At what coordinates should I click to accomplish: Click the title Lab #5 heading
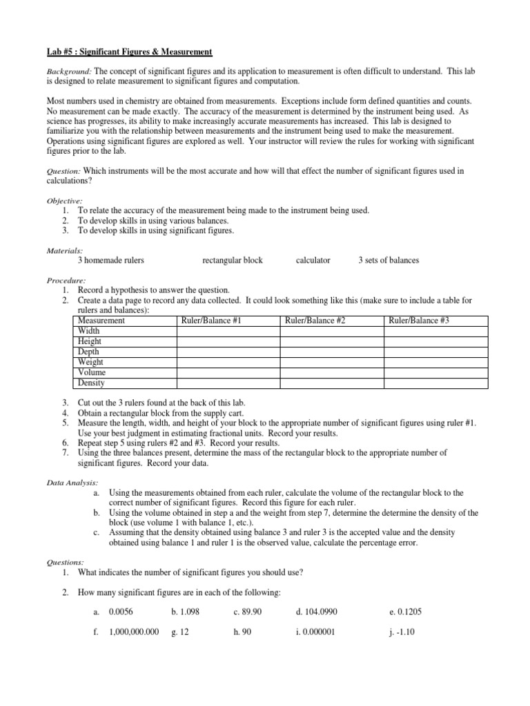(129, 52)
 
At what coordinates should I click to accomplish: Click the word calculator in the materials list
(313, 261)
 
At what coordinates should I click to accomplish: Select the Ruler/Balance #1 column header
(210, 321)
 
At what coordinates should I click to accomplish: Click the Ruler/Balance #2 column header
(315, 321)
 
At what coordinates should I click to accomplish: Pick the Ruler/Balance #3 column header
(419, 321)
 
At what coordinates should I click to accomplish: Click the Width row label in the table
(89, 331)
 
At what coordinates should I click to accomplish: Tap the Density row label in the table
(92, 383)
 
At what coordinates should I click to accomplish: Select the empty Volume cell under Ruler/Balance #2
(331, 372)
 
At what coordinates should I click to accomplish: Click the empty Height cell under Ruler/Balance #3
(435, 341)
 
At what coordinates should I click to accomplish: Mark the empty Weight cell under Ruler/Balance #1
(228, 362)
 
